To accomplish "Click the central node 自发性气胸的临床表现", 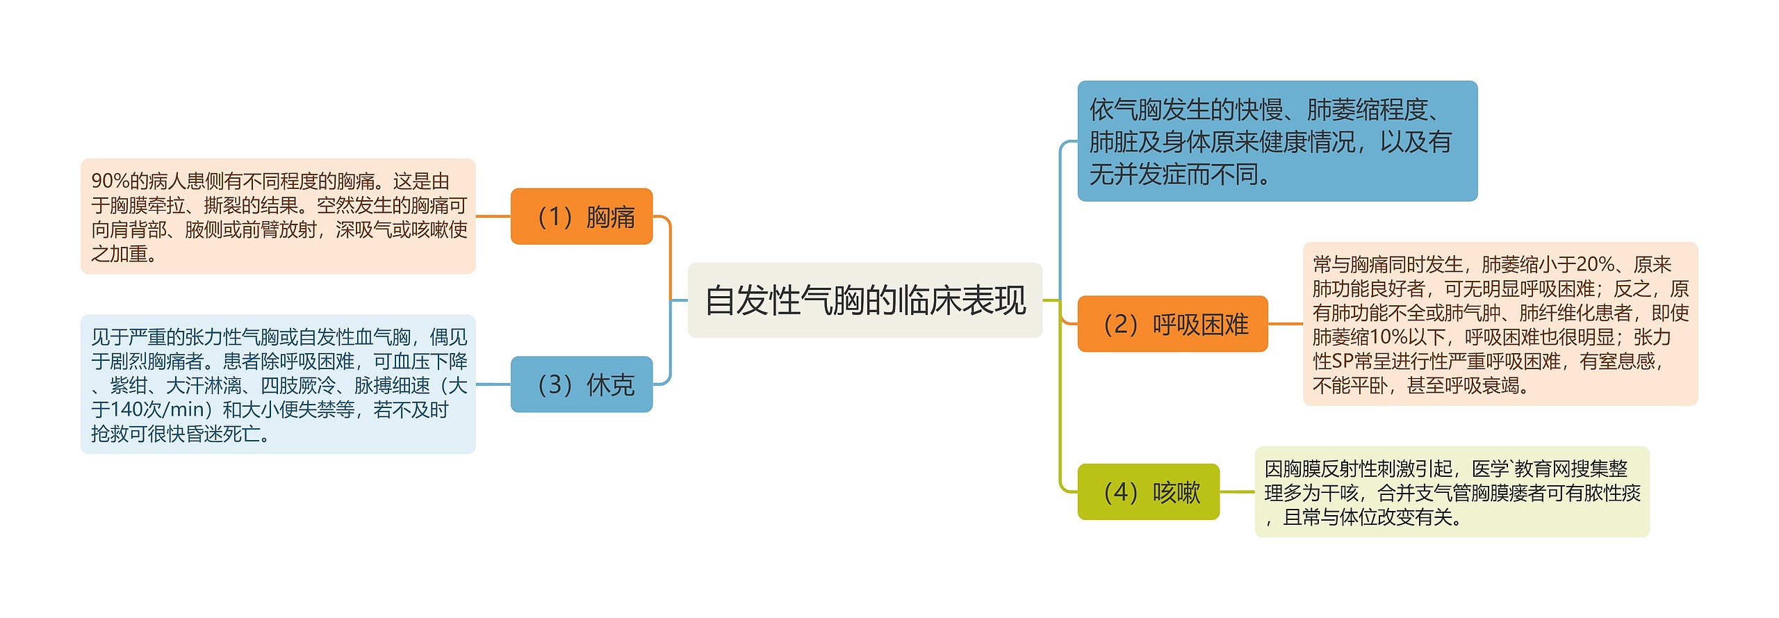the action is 864,300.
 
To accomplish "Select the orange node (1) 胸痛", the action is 582,216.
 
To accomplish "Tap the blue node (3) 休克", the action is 582,384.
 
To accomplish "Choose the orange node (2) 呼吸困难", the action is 1172,324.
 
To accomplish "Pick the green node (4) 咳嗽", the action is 1148,492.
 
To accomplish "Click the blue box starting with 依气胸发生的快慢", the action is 1277,141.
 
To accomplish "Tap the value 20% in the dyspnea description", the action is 1595,264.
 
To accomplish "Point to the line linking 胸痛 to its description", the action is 493,216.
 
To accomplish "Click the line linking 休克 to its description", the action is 493,384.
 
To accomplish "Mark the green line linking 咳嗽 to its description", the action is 1237,492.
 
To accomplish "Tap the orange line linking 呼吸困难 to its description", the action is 1285,324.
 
